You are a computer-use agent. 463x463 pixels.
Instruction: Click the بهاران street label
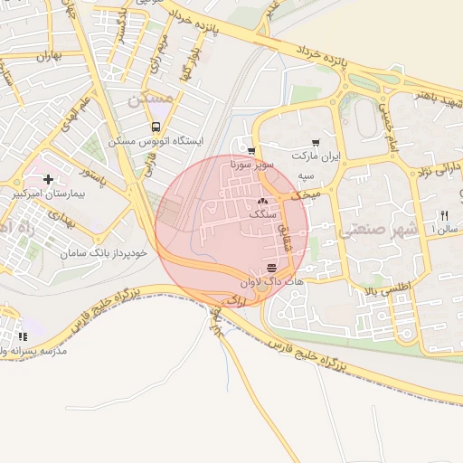[x=42, y=57]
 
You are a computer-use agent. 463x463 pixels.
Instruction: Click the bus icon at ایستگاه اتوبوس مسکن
[x=156, y=128]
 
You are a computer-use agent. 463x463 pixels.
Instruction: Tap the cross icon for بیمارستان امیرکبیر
[x=49, y=180]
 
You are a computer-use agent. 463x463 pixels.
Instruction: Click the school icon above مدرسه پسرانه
[x=21, y=336]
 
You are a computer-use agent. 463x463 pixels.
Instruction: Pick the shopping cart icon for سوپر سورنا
[x=250, y=151]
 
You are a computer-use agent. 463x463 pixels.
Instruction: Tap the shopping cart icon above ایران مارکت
[x=315, y=142]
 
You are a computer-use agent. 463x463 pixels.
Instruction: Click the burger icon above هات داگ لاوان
[x=272, y=268]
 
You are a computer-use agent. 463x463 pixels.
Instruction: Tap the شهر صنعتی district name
[x=371, y=231]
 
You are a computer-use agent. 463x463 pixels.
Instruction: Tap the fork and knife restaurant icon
[x=444, y=215]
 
